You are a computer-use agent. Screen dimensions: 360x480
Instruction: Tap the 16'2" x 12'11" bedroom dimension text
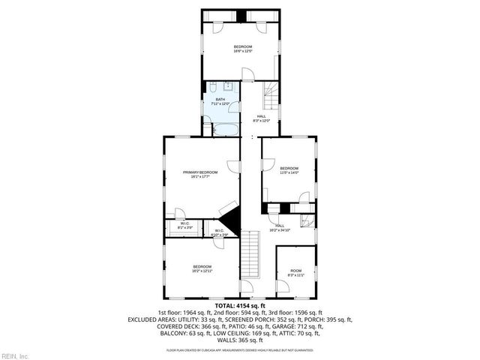(202, 271)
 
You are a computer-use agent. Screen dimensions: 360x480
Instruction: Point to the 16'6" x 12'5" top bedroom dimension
(241, 51)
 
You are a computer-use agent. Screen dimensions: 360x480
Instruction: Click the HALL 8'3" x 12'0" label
(262, 118)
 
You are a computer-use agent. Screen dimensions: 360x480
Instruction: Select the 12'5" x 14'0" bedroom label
(289, 172)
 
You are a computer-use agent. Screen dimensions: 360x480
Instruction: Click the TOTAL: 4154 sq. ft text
(240, 305)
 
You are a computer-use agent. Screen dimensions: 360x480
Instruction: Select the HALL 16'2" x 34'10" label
(279, 228)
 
